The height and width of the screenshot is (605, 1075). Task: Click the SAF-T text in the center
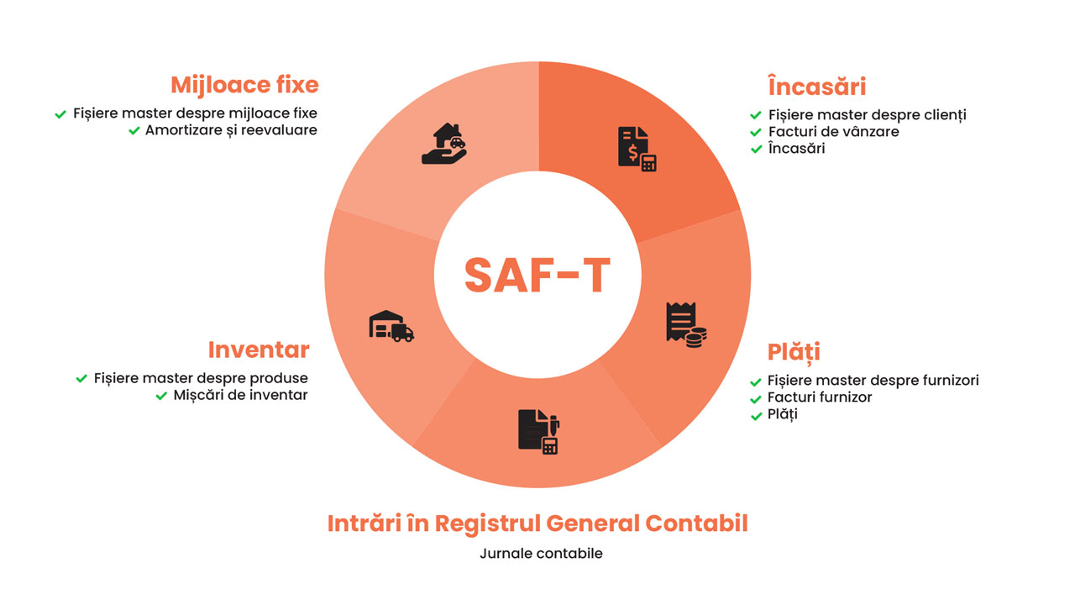[537, 275]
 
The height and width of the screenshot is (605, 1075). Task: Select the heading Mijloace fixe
[244, 86]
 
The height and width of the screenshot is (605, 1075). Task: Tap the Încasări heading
[817, 87]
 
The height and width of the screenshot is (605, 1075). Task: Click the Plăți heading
[794, 352]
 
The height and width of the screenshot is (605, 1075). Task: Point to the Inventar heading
[259, 350]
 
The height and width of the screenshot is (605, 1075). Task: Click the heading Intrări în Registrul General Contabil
[537, 523]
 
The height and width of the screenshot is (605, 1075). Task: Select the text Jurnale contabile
[541, 554]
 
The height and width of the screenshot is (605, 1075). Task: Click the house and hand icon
[444, 144]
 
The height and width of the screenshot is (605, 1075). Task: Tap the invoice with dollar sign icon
[637, 149]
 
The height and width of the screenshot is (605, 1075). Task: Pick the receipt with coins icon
[686, 325]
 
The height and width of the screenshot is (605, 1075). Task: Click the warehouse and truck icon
[391, 326]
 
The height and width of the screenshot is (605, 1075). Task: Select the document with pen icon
[539, 432]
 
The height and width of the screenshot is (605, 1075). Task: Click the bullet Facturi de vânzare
[834, 132]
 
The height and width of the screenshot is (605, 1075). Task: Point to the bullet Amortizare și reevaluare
[231, 130]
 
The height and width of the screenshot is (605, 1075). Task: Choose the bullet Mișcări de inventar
[240, 395]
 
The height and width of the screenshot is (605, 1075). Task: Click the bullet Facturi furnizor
[820, 397]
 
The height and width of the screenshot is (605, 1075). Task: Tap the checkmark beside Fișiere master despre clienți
[756, 115]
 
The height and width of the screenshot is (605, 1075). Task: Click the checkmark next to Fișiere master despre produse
[81, 378]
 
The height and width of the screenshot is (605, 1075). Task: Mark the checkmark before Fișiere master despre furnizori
[756, 382]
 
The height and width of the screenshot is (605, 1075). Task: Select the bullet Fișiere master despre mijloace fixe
[195, 113]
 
